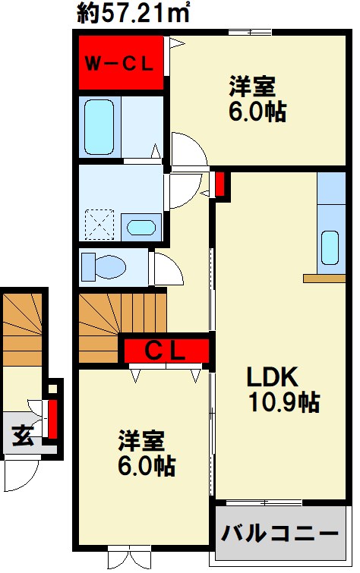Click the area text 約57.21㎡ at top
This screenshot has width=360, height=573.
click(x=134, y=13)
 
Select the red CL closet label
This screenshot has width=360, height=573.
click(x=166, y=351)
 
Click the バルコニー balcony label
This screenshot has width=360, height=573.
click(x=279, y=534)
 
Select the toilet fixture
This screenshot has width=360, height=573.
click(x=103, y=266)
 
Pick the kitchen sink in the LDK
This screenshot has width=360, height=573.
click(x=330, y=247)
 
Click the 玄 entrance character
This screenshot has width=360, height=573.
click(x=22, y=437)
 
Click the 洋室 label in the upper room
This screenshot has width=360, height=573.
click(x=252, y=85)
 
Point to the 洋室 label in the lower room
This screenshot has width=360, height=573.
click(x=140, y=442)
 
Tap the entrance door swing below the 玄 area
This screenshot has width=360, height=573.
click(x=17, y=474)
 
